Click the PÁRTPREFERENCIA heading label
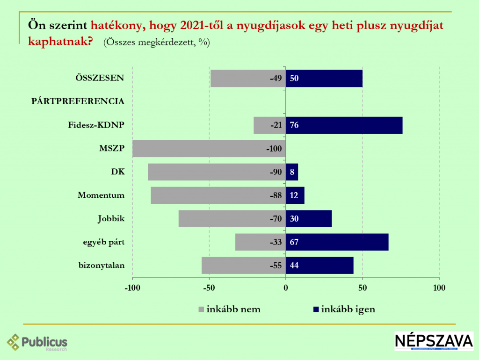(78, 101)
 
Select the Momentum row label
(101, 195)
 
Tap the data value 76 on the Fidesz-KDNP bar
(294, 125)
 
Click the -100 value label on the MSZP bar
(273, 149)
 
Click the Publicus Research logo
(37, 342)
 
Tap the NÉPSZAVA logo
(434, 341)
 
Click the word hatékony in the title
(118, 25)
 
